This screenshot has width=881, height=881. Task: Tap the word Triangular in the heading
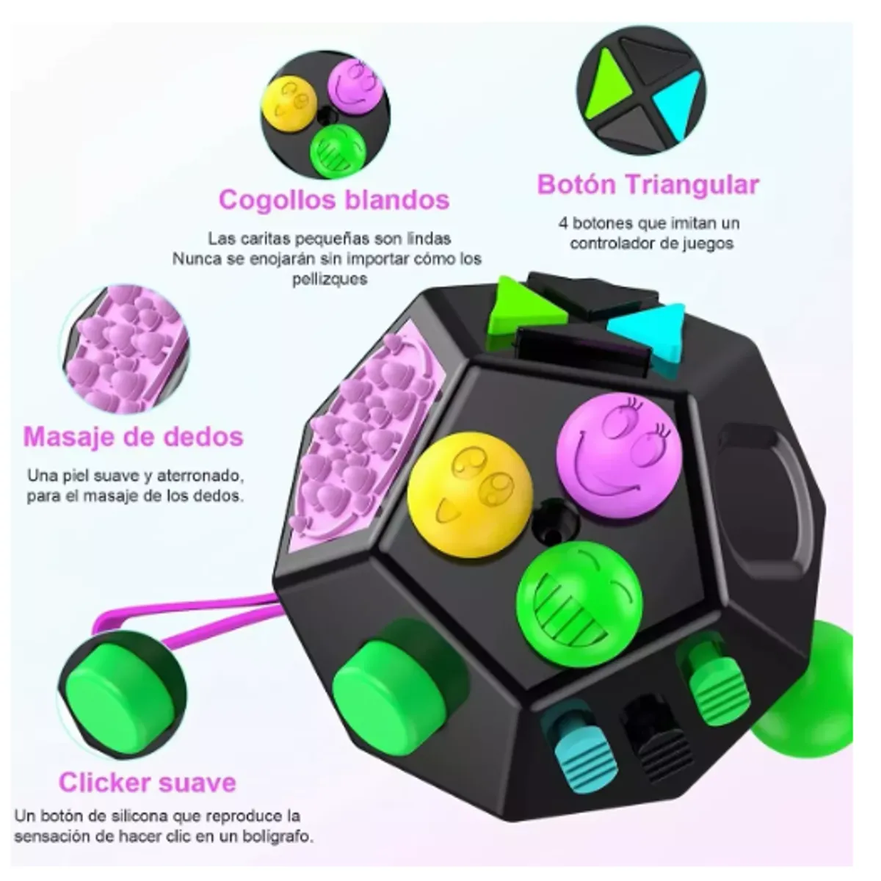(x=692, y=185)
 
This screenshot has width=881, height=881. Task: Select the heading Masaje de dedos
(x=133, y=436)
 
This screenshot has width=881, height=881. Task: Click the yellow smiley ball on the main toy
(x=470, y=495)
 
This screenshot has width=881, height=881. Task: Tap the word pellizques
(x=330, y=279)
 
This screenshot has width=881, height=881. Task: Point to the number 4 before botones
(x=563, y=224)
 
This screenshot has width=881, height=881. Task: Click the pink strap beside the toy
(x=185, y=615)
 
